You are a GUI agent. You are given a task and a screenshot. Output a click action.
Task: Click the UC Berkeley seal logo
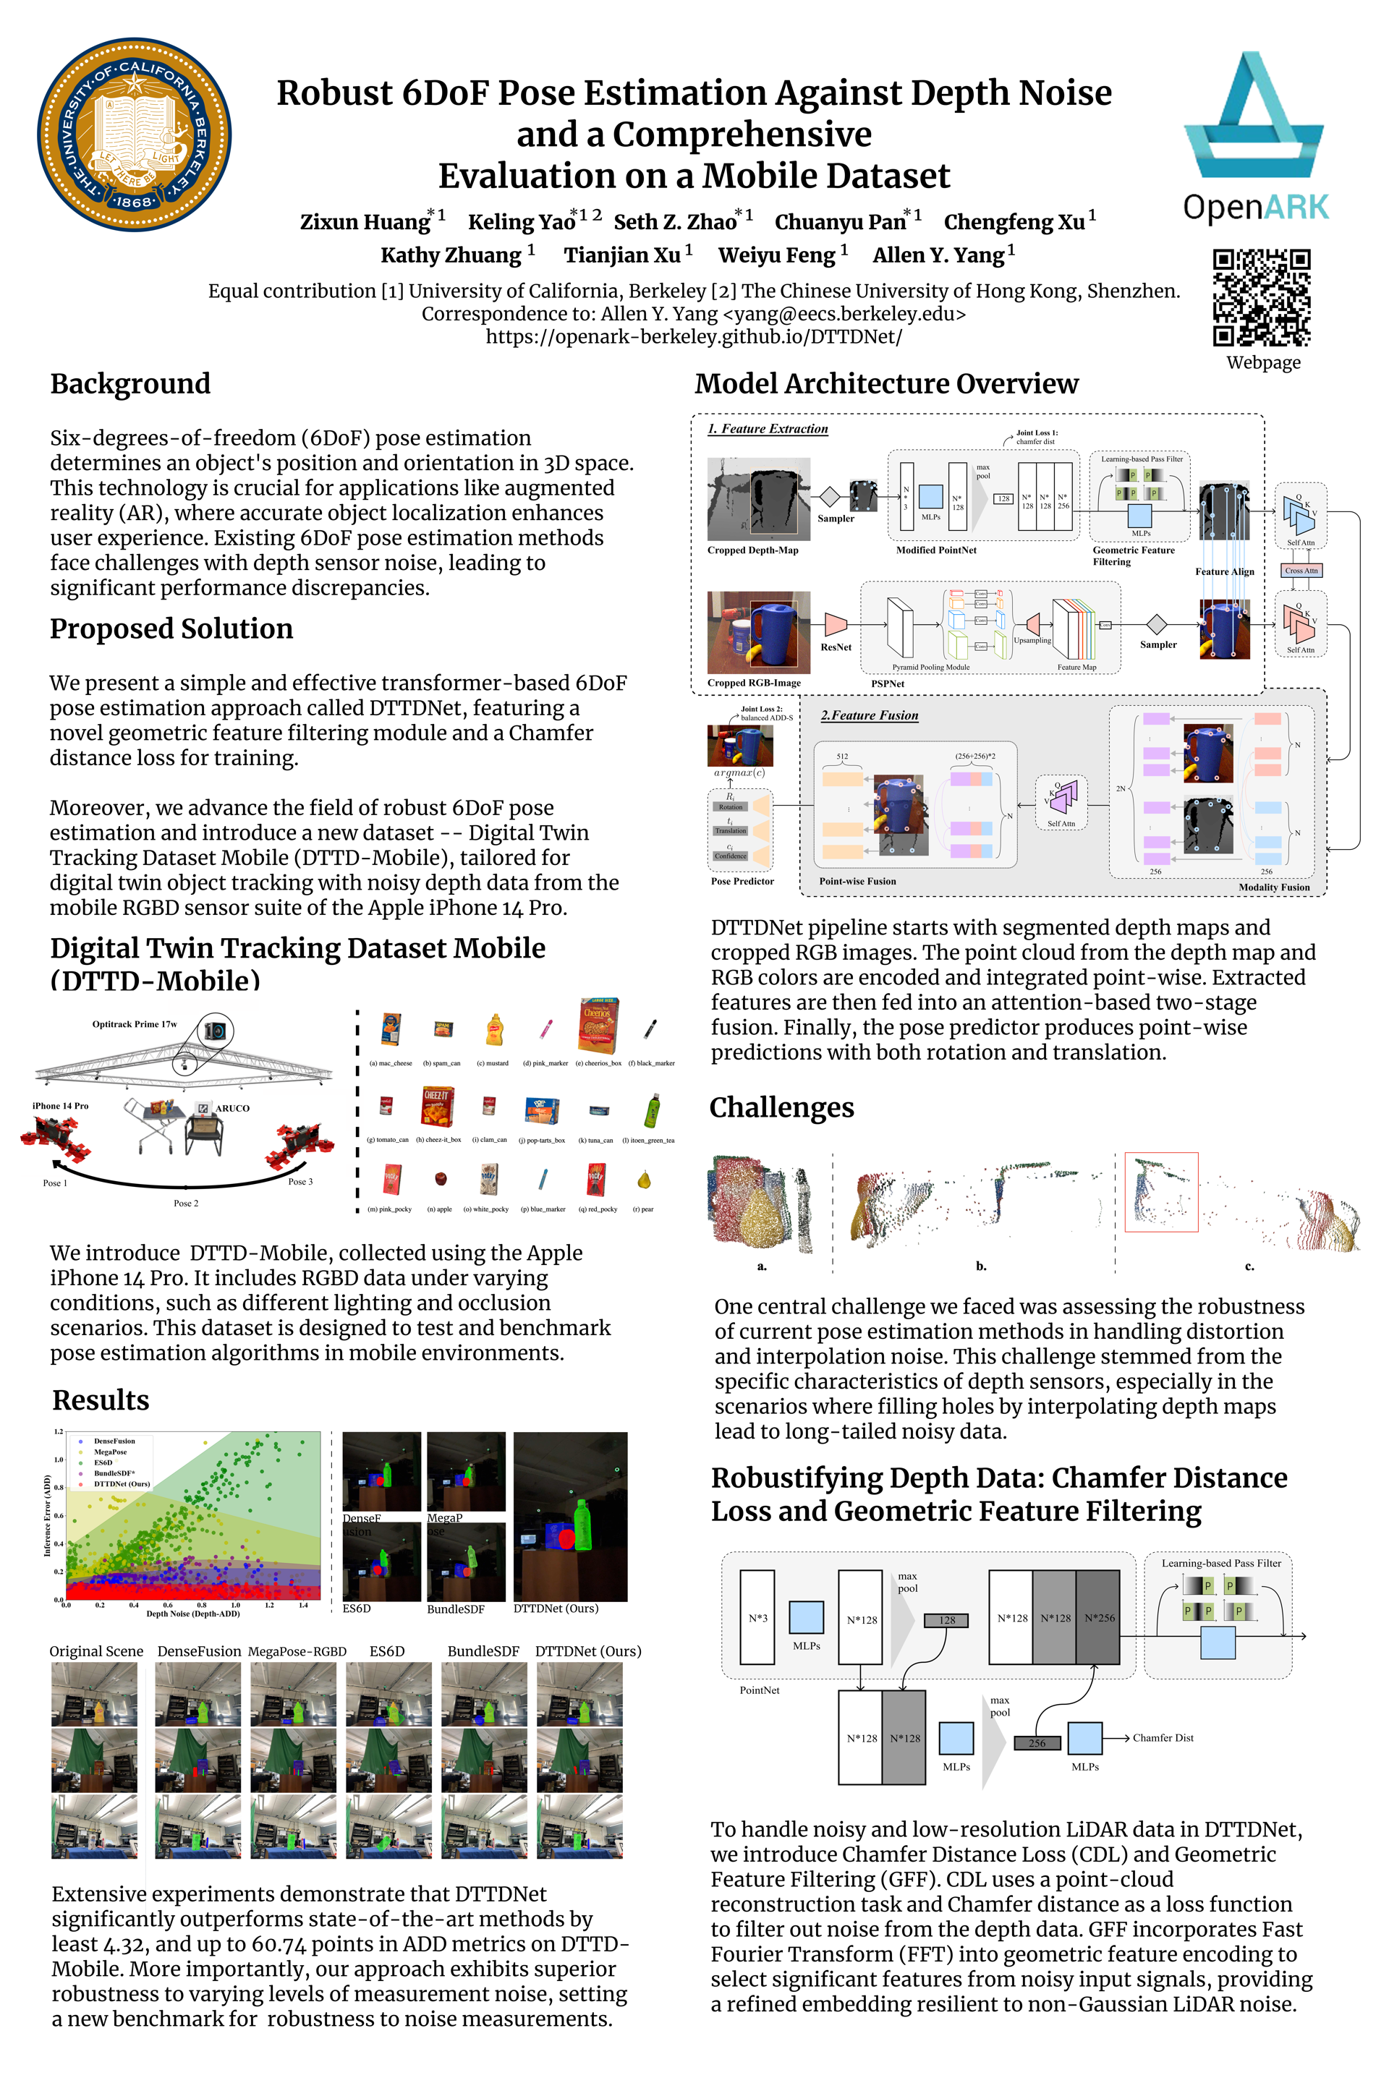[x=135, y=135]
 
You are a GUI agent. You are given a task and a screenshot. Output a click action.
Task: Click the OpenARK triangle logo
[x=1254, y=115]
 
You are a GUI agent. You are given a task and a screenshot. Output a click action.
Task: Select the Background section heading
[x=130, y=383]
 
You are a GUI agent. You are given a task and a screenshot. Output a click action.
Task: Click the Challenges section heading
[x=781, y=1107]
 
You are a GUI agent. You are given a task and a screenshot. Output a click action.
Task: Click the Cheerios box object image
[x=598, y=1025]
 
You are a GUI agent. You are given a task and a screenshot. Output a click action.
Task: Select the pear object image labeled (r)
[x=644, y=1180]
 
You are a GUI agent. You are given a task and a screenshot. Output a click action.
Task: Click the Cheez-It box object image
[x=438, y=1106]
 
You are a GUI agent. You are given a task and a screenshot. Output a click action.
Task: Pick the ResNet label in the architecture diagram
[x=836, y=647]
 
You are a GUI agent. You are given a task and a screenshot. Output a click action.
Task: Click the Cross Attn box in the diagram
[x=1301, y=571]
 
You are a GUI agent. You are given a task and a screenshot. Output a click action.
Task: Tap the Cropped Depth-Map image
[x=758, y=498]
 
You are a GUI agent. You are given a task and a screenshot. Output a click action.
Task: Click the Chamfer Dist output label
[x=1163, y=1737]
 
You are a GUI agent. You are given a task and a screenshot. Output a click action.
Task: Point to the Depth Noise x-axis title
[x=192, y=1613]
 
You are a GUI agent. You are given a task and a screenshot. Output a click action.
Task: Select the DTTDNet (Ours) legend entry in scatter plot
[x=122, y=1483]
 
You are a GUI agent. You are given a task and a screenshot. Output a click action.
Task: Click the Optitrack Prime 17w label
[x=135, y=1024]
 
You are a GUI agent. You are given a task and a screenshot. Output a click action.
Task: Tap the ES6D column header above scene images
[x=387, y=1650]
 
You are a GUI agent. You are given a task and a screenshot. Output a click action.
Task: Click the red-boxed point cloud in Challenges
[x=1160, y=1192]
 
